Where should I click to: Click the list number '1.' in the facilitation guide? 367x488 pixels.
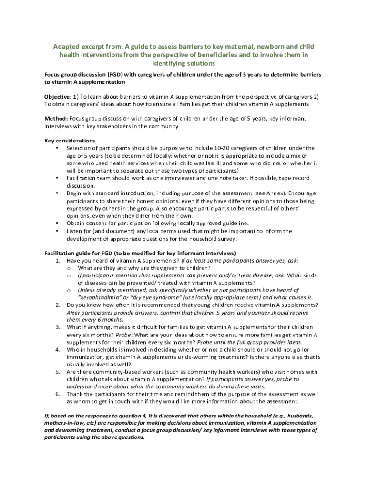(x=57, y=261)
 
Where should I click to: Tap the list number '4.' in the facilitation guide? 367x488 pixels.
(x=57, y=350)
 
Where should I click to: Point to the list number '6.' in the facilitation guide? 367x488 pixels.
(x=57, y=394)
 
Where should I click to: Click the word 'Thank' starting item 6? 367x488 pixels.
(x=75, y=394)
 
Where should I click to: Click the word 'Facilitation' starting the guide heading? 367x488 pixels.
(x=61, y=253)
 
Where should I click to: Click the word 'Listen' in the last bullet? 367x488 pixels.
(x=75, y=231)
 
